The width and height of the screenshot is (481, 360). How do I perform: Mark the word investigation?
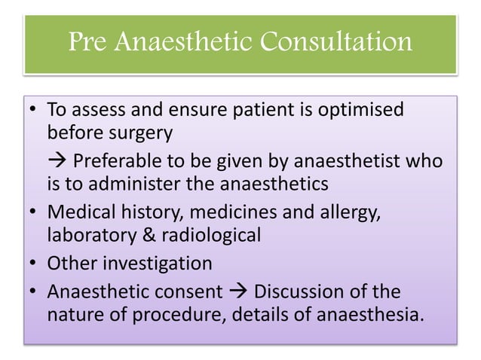click(159, 264)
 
